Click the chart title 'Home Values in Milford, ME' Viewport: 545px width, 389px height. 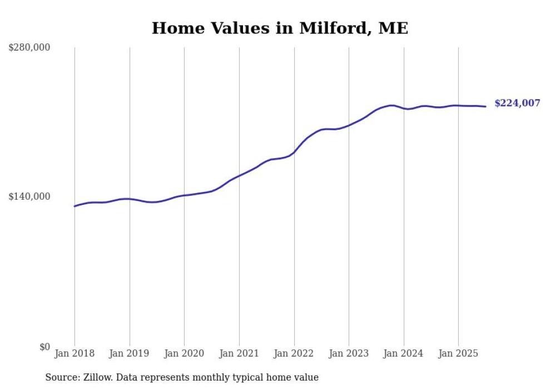pos(280,28)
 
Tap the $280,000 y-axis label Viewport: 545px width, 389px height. pos(29,48)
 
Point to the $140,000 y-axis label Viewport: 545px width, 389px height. pos(29,196)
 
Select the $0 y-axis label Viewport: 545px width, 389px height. pos(44,347)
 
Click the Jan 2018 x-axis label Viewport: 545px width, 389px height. pos(75,353)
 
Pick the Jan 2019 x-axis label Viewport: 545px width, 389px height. pos(130,353)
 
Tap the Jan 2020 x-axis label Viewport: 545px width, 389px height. pos(184,353)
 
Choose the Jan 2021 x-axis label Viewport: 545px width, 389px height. pos(239,353)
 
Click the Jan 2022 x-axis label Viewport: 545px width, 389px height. pos(294,353)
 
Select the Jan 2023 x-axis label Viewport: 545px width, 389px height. pos(349,353)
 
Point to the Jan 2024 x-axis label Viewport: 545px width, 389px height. pos(404,353)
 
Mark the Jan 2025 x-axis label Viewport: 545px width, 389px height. pos(458,353)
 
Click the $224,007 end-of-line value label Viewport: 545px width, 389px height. pos(517,103)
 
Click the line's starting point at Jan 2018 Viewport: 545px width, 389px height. pos(75,206)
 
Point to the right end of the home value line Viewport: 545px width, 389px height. pos(485,106)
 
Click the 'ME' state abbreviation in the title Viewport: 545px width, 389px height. pos(393,28)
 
